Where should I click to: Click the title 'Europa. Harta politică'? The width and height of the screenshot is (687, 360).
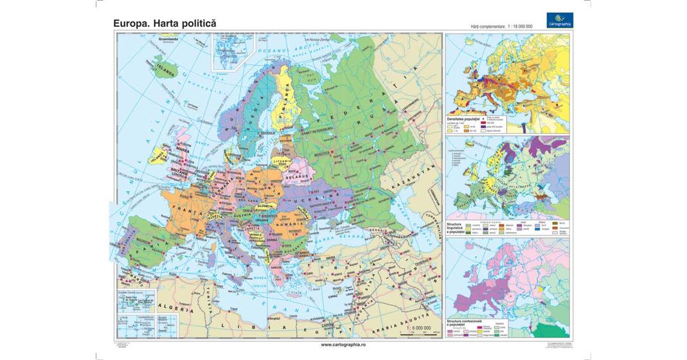click(165, 23)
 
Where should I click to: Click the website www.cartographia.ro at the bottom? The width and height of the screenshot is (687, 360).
click(343, 344)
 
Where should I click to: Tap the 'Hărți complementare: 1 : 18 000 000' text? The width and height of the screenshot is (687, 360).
click(502, 26)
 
